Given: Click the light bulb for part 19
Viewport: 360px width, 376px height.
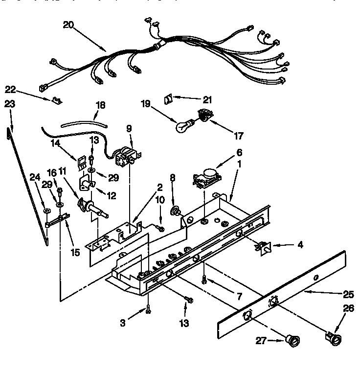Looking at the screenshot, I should [183, 126].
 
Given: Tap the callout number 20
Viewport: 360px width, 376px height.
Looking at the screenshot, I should [68, 25].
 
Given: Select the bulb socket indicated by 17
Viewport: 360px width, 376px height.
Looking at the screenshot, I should [202, 116].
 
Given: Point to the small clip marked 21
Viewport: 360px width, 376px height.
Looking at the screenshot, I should [168, 99].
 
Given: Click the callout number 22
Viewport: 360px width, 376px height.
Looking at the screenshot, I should [11, 89].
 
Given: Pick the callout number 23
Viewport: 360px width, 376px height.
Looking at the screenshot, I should [10, 104].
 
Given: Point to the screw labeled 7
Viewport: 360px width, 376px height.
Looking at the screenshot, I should [204, 280].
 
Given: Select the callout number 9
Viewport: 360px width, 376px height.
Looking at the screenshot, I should [129, 129].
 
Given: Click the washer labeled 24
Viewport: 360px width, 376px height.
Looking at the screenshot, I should [47, 211].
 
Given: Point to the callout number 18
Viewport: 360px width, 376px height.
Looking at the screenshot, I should [100, 105].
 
